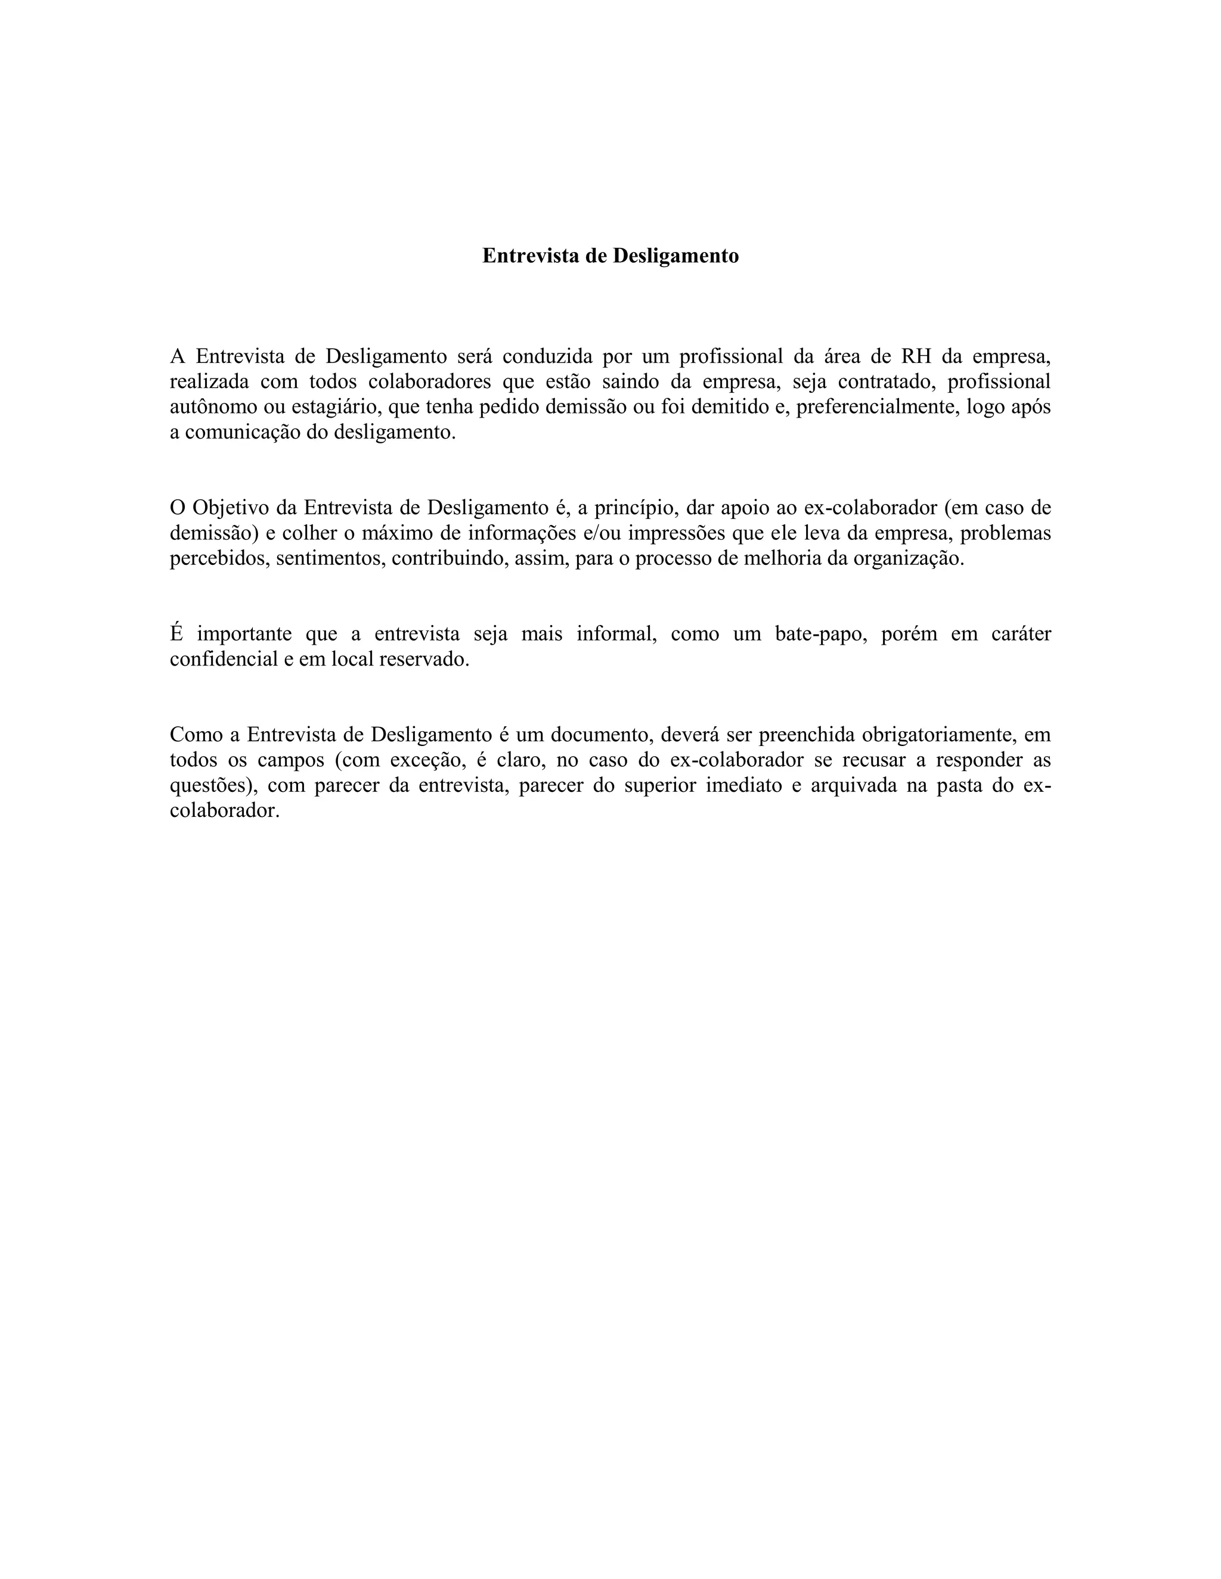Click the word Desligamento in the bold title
click(x=675, y=256)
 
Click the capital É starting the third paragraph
click(x=176, y=633)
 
